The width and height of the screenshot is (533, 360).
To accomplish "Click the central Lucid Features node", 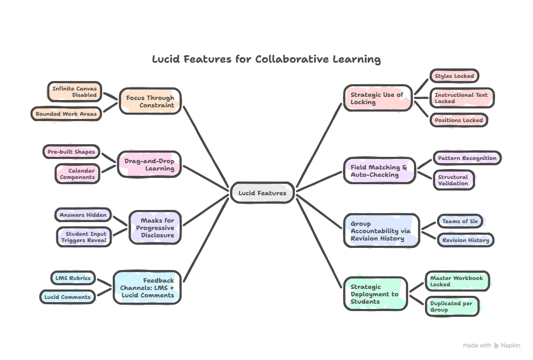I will [262, 193].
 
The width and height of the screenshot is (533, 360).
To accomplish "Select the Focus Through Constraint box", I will [150, 101].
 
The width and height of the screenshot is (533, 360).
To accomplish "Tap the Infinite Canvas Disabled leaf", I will [74, 92].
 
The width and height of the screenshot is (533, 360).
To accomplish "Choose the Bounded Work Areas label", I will [66, 114].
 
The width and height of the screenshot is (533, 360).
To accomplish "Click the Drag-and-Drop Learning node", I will [149, 165].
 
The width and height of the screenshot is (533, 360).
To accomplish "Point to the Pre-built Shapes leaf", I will [71, 152].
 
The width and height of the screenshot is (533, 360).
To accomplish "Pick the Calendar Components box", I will [77, 174].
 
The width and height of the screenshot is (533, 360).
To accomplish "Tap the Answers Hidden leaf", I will [83, 215].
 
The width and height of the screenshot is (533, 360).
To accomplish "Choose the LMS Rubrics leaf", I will [73, 278].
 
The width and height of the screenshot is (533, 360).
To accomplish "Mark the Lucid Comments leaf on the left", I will [68, 297].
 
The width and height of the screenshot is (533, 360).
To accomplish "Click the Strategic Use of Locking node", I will [378, 98].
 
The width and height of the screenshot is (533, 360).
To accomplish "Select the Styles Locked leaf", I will [454, 76].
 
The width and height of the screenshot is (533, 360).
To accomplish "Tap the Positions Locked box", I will [458, 120].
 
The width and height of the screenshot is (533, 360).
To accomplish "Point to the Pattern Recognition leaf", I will [467, 158].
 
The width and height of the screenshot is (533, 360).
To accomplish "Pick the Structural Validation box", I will [453, 180].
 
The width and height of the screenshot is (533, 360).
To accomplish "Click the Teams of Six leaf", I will [460, 221].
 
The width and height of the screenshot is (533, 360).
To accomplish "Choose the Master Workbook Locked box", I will [457, 281].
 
